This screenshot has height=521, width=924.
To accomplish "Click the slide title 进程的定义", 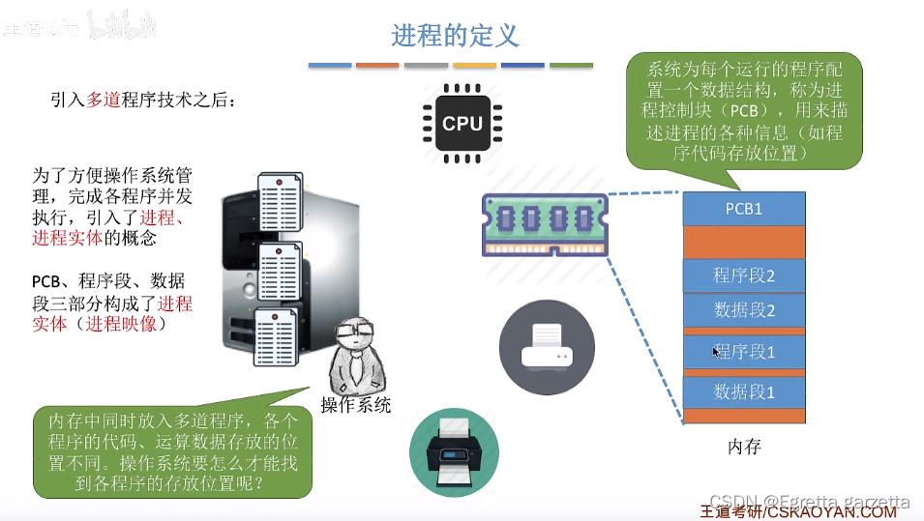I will (x=456, y=36).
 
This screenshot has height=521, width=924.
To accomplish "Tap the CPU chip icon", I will (x=462, y=123).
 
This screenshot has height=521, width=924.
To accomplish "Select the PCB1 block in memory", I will (x=744, y=208).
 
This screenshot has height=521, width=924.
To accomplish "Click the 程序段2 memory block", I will (x=744, y=275).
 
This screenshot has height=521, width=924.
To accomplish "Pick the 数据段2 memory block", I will (x=744, y=310).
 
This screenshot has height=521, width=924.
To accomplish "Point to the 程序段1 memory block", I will (x=744, y=351).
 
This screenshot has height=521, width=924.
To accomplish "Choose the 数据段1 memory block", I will (x=744, y=391).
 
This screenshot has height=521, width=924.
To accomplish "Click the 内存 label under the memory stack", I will (x=744, y=447).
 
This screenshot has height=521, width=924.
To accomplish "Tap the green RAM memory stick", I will (x=545, y=223).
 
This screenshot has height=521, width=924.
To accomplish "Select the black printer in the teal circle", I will (x=454, y=451).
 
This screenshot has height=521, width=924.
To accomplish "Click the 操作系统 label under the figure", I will (x=356, y=405).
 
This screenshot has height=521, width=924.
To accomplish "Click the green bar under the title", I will (x=571, y=66).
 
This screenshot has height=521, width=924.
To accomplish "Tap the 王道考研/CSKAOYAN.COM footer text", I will (x=798, y=511).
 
